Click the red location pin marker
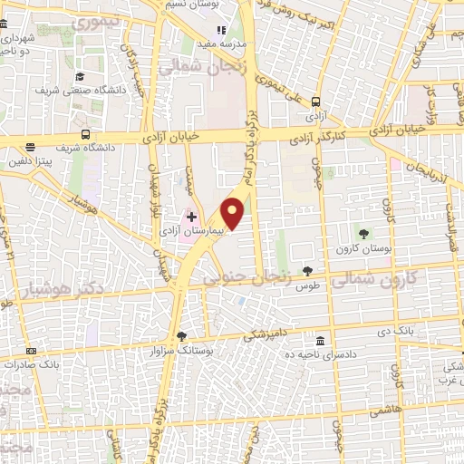233,213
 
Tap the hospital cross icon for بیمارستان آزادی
190,217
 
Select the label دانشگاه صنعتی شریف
73,91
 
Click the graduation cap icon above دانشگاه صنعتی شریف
80,77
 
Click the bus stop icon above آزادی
316,102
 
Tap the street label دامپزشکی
265,333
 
